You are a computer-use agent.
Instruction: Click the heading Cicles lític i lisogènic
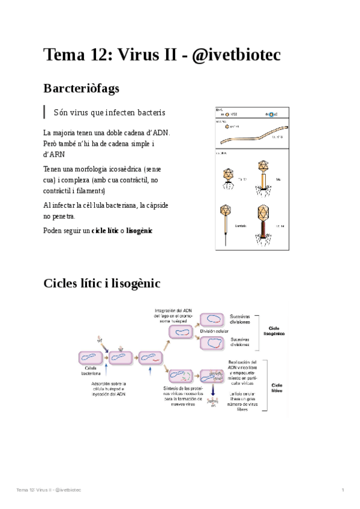pyautogui.click(x=101, y=283)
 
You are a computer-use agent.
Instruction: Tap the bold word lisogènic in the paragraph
pyautogui.click(x=139, y=230)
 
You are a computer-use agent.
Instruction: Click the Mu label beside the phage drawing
pyautogui.click(x=278, y=178)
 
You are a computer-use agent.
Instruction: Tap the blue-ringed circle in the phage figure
pyautogui.click(x=272, y=114)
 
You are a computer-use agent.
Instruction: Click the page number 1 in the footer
pyautogui.click(x=342, y=490)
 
